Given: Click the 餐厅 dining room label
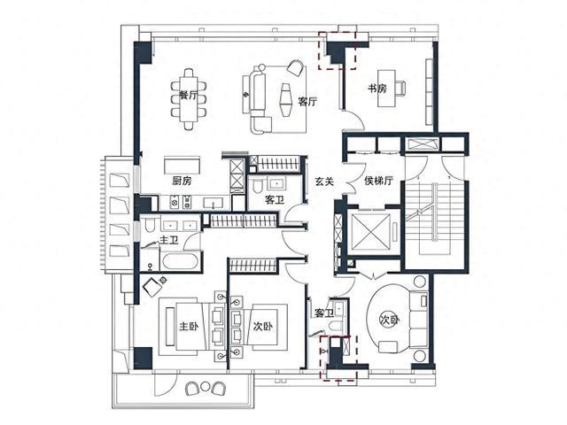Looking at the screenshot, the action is coord(189,96).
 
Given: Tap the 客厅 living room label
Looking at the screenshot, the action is coord(307,102).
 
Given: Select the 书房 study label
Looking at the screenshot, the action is coord(377,89).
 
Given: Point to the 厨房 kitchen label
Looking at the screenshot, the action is coord(182,181).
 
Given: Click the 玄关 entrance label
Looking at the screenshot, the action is coord(323,182).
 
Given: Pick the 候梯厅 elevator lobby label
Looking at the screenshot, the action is coord(378,181).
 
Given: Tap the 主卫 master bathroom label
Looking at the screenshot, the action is coord(169,240).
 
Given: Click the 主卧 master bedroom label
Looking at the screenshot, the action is coord(189,327).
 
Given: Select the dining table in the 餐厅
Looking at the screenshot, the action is coord(189,98).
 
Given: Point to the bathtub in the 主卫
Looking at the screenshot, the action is coord(180,261).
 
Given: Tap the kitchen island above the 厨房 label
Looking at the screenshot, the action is coord(182,166).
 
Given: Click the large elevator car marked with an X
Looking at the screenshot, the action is coord(371,231).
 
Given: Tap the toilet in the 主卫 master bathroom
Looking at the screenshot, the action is coord(150,224).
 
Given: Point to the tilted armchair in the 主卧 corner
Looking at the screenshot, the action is coord(152,286).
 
